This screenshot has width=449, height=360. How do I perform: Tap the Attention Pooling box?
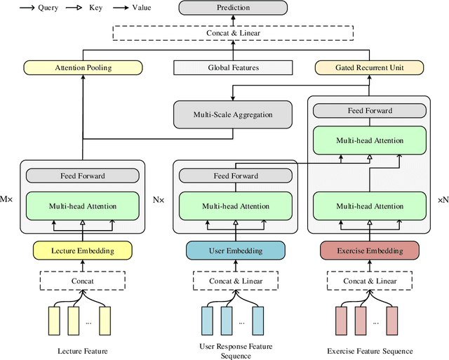(x=83, y=68)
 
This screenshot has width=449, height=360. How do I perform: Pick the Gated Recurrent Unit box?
(x=368, y=68)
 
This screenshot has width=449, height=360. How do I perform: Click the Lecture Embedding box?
(x=83, y=251)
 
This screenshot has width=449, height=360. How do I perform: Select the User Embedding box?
(x=235, y=251)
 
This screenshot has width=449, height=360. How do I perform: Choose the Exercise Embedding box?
(x=369, y=251)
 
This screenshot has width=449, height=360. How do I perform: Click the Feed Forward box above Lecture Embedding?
(x=83, y=176)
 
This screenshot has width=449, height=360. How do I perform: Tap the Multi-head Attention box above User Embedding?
(x=235, y=206)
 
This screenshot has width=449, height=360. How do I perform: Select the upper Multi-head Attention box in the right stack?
(x=369, y=140)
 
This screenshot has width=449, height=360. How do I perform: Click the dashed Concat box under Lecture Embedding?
(x=83, y=281)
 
